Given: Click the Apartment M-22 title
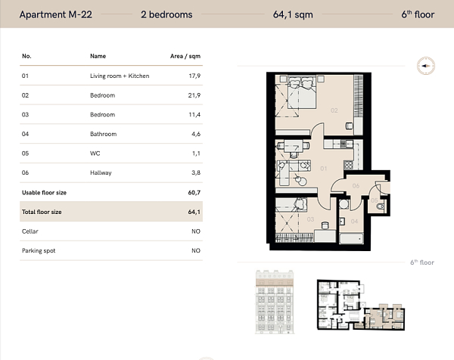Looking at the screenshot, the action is [x=55, y=14].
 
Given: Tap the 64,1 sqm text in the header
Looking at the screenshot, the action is [x=293, y=15].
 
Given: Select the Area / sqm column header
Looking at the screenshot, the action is [x=185, y=56].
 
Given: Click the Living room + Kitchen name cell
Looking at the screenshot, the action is [x=120, y=76].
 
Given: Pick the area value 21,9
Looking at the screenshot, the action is [x=194, y=95].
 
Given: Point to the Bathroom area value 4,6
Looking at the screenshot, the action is [x=196, y=134].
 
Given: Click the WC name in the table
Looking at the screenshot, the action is [x=95, y=154].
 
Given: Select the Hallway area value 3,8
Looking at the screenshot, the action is [x=196, y=172].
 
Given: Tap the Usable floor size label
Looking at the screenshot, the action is [x=44, y=192].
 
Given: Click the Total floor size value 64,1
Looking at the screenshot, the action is [x=194, y=212].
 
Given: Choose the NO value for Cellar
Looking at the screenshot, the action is [x=196, y=231].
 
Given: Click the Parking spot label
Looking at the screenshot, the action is [x=39, y=250].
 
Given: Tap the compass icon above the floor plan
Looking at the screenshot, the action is [x=425, y=66].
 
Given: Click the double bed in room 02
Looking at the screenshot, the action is [x=301, y=92].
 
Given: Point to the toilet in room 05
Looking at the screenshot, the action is [x=381, y=206].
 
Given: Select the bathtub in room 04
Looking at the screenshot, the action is [x=352, y=238].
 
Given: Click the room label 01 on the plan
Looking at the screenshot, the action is [x=323, y=169].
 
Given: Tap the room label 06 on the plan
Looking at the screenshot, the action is [x=356, y=186].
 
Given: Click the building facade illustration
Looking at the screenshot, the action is [x=275, y=302].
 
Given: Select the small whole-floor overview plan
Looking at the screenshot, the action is [x=361, y=305].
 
